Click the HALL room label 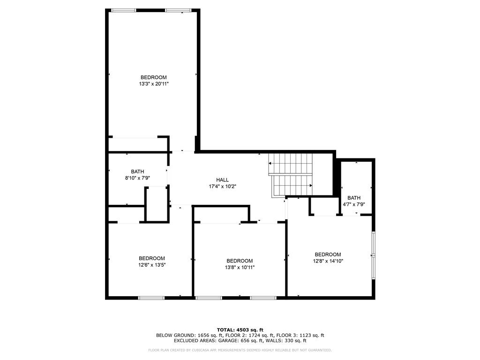click(222, 180)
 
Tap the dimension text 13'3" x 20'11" click(153, 84)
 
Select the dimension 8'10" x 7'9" click(137, 178)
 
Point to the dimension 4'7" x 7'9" click(354, 204)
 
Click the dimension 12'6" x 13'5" click(151, 265)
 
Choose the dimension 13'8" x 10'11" click(240, 268)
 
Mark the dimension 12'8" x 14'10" click(328, 262)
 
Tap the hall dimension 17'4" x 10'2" click(222, 187)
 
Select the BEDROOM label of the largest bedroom click(153, 77)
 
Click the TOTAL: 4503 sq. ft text click(240, 330)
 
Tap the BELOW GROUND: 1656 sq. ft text click(183, 335)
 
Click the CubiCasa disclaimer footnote click(240, 350)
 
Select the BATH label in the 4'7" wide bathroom click(354, 198)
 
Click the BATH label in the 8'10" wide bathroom click(137, 172)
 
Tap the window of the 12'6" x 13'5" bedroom click(151, 297)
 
